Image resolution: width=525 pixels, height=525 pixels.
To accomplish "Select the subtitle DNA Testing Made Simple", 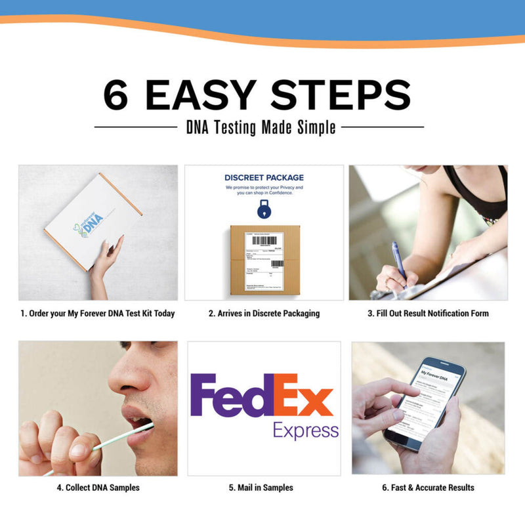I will click(261, 127).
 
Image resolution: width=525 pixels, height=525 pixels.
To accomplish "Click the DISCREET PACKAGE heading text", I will click(264, 177).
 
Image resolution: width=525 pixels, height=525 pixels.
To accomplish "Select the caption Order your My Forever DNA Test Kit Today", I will click(98, 314).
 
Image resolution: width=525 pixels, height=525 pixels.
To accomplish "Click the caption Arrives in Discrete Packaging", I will click(264, 314).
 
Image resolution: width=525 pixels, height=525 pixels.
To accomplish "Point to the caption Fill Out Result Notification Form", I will click(428, 314).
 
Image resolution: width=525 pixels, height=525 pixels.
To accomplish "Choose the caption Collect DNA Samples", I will click(98, 488).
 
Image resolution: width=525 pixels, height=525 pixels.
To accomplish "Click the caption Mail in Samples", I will click(264, 488).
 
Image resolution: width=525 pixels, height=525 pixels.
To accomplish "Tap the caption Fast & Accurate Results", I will click(428, 488).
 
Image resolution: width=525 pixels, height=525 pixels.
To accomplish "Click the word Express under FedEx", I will click(306, 431).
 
